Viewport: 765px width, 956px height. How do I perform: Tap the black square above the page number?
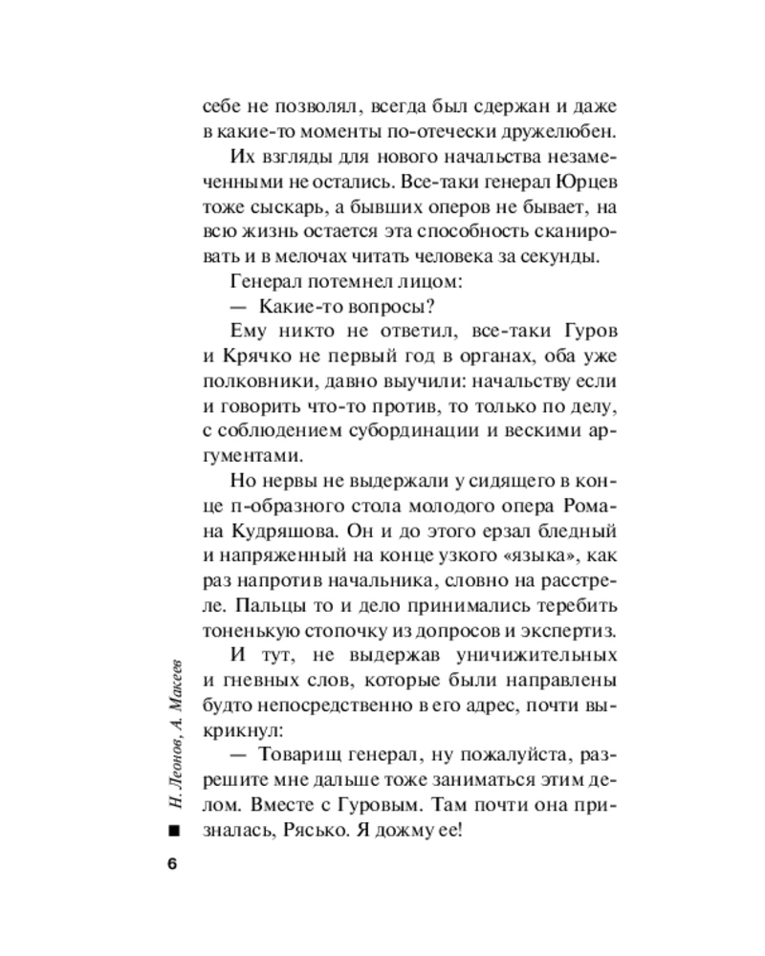[x=172, y=833]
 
